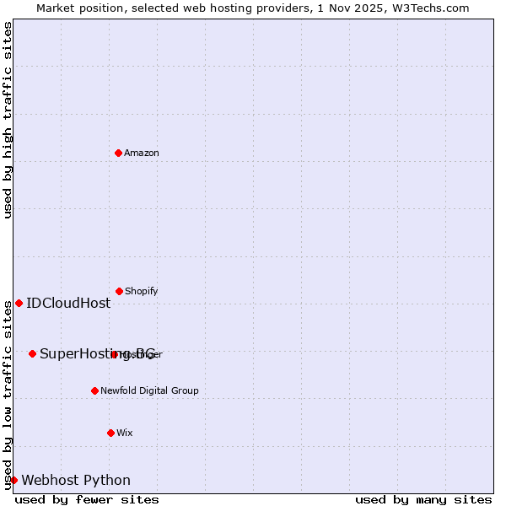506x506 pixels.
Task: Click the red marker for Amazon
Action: [x=118, y=153]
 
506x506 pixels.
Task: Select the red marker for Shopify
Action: [x=119, y=291]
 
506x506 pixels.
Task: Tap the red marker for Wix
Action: [x=110, y=433]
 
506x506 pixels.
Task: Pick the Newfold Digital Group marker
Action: [x=94, y=390]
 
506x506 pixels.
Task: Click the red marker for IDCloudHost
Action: [x=19, y=303]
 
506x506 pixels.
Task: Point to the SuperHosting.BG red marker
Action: [x=32, y=353]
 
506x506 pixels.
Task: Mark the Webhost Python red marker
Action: [x=13, y=480]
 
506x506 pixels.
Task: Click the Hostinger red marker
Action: [x=114, y=354]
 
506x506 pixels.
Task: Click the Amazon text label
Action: [x=142, y=153]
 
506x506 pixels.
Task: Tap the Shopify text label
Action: [x=142, y=291]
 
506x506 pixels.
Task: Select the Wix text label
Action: [x=125, y=433]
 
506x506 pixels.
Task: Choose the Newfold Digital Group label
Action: [x=149, y=390]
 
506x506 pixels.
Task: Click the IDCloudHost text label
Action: [x=68, y=304]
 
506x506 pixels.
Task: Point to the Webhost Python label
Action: [x=76, y=481]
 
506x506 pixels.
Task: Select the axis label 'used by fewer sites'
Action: [x=87, y=499]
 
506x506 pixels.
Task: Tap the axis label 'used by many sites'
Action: [x=423, y=499]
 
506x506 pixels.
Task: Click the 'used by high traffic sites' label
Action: [x=8, y=120]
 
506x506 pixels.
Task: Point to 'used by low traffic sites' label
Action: [x=8, y=396]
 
